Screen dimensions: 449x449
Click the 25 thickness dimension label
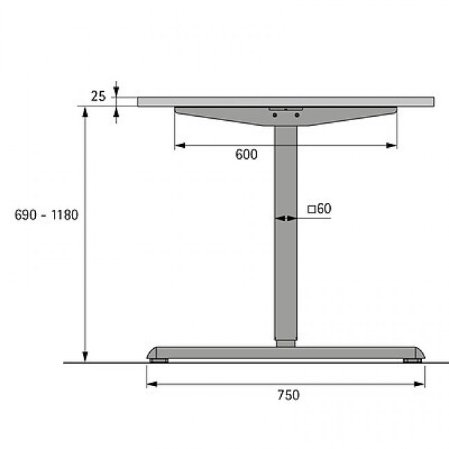(98, 96)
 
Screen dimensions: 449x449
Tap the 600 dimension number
(247, 155)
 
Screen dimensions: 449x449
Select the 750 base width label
(288, 395)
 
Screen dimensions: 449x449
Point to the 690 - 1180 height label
(46, 215)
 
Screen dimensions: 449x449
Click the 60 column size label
(325, 209)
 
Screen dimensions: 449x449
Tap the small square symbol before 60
(312, 209)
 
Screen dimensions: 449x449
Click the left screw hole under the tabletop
(275, 115)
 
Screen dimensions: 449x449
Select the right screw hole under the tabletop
(297, 115)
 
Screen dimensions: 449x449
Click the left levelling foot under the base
(159, 361)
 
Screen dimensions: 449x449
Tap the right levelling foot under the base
(412, 361)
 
